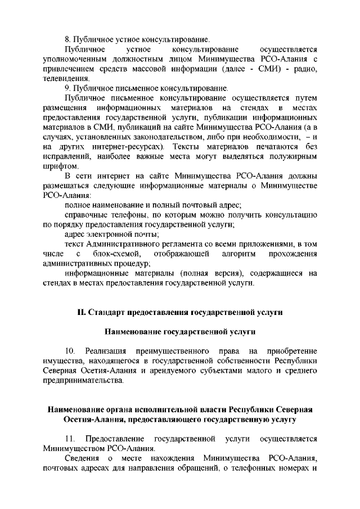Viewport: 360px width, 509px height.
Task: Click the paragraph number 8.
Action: pyautogui.click(x=67, y=40)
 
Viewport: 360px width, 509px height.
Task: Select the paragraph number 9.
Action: pyautogui.click(x=67, y=88)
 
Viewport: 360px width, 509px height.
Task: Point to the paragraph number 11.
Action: pyautogui.click(x=70, y=438)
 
